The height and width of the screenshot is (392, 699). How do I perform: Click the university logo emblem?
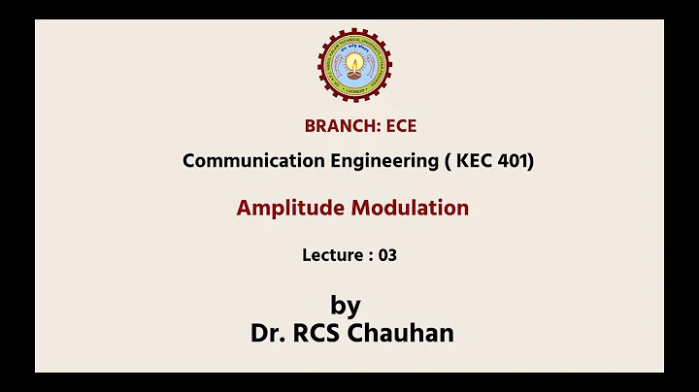click(355, 67)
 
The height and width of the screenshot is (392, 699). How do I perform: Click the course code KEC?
click(472, 161)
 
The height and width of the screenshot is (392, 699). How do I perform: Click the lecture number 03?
click(388, 255)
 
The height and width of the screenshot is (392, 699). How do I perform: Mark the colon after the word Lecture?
click(370, 256)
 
